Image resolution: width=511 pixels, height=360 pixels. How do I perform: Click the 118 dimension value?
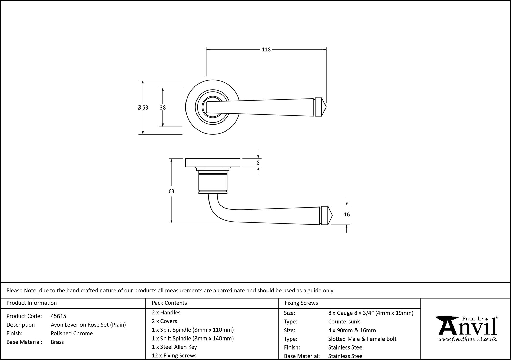[x=266, y=50]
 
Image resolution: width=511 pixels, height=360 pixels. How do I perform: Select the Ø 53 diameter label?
[x=143, y=108]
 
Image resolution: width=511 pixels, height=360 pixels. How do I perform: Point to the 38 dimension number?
[x=162, y=108]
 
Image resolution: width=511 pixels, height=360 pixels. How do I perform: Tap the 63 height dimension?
[x=171, y=191]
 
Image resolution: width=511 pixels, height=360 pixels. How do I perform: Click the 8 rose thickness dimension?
[x=258, y=163]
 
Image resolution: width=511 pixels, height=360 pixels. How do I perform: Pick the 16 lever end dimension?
[x=346, y=215]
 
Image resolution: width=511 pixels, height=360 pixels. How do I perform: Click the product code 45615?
[x=58, y=316]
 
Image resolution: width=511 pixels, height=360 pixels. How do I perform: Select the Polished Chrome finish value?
[x=72, y=333]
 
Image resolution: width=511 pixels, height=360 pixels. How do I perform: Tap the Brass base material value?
[x=57, y=342]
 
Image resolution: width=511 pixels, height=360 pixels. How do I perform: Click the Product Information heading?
[x=32, y=303]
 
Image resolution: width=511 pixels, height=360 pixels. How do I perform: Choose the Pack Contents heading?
[x=169, y=303]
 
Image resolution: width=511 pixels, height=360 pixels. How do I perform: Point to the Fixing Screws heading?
[x=301, y=303]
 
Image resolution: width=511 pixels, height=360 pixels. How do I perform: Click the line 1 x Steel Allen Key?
[x=174, y=347]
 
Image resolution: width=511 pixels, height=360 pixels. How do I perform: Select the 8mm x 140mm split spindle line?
[x=193, y=339]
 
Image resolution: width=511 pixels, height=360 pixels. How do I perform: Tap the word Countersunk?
[x=344, y=322]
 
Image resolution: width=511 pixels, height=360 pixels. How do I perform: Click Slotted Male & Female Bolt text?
[x=362, y=339]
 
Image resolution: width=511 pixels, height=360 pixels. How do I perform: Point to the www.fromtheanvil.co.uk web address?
[x=468, y=339]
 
